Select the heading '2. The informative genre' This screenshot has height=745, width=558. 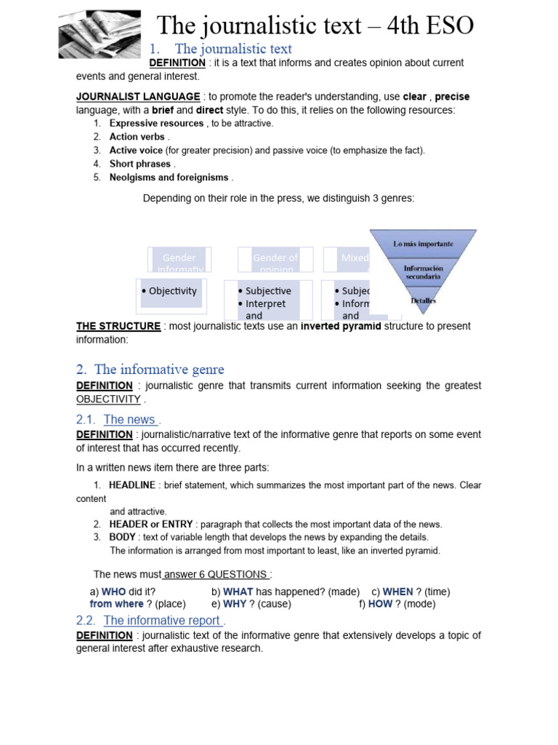(x=150, y=370)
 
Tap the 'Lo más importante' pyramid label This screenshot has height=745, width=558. (x=423, y=244)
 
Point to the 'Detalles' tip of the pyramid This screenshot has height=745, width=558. (x=424, y=299)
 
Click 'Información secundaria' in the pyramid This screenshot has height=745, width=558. (x=423, y=271)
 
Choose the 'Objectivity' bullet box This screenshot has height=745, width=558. (x=171, y=291)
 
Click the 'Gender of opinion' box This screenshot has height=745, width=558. (x=275, y=260)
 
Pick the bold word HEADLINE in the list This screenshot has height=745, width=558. (x=132, y=485)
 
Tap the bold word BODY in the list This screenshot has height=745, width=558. (x=123, y=538)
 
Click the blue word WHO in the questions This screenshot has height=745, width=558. (x=113, y=591)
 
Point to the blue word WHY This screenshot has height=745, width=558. (x=235, y=604)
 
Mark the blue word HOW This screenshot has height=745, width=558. (x=380, y=604)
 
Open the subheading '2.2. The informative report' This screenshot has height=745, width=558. (x=161, y=621)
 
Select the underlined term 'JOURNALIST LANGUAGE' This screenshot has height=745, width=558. (x=138, y=97)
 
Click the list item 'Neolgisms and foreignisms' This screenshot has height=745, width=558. (x=169, y=178)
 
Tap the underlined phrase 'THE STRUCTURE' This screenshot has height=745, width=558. (x=118, y=326)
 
